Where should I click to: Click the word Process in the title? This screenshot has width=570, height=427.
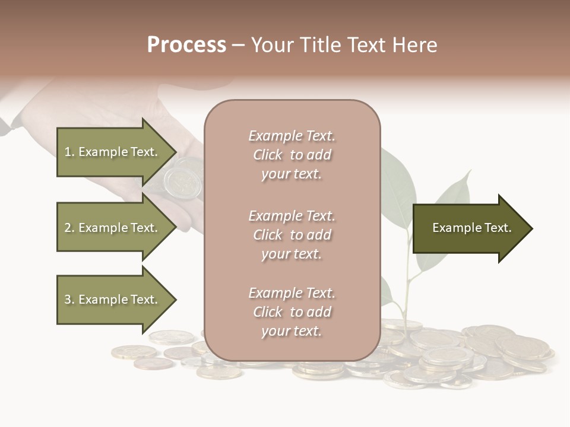pyautogui.click(x=186, y=45)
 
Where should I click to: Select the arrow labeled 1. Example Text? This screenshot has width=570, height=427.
pyautogui.click(x=113, y=152)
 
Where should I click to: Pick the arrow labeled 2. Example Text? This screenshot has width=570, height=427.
pyautogui.click(x=113, y=228)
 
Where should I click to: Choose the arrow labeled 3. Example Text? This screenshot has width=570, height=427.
pyautogui.click(x=113, y=299)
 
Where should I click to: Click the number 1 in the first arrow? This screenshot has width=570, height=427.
pyautogui.click(x=68, y=152)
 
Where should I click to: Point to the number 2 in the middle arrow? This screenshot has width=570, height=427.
pyautogui.click(x=68, y=228)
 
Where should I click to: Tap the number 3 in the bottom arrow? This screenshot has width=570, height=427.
pyautogui.click(x=68, y=299)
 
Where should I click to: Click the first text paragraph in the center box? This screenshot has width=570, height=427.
pyautogui.click(x=292, y=155)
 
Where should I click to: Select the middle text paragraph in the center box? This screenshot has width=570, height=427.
pyautogui.click(x=292, y=235)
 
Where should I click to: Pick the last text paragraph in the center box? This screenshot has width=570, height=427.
pyautogui.click(x=292, y=312)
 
